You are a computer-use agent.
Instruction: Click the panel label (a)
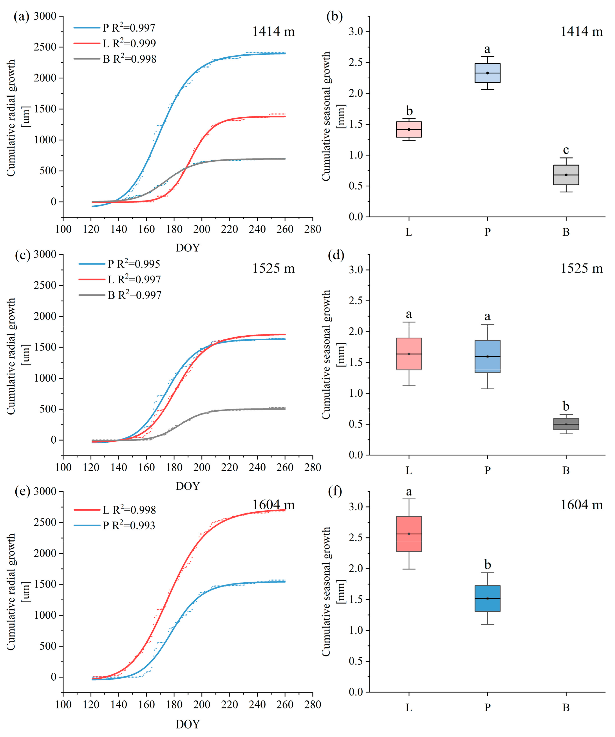(x=21, y=16)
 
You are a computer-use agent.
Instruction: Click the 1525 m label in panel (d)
(x=581, y=269)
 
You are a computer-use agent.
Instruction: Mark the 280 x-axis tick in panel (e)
(x=312, y=705)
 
